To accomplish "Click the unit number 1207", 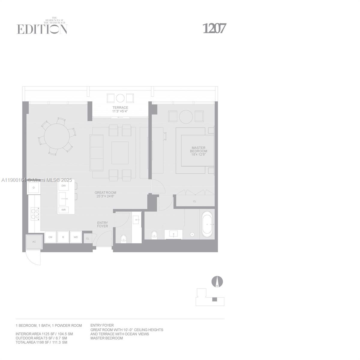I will [x=214, y=28].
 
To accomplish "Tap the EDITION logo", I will [x=42, y=29].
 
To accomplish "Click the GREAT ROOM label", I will [x=105, y=194].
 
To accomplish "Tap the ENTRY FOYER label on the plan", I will [x=102, y=224].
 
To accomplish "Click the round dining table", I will [x=56, y=137].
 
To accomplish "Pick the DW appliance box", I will [x=64, y=186].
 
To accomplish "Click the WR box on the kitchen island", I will [x=64, y=210].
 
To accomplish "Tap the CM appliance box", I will [x=50, y=237].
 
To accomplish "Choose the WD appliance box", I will [x=76, y=237].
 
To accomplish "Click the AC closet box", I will [x=34, y=242].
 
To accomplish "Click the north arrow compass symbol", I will [x=217, y=282].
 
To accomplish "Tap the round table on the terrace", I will [x=120, y=98].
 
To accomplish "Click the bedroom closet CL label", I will [x=195, y=201].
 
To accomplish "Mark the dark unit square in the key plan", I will [x=214, y=299].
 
